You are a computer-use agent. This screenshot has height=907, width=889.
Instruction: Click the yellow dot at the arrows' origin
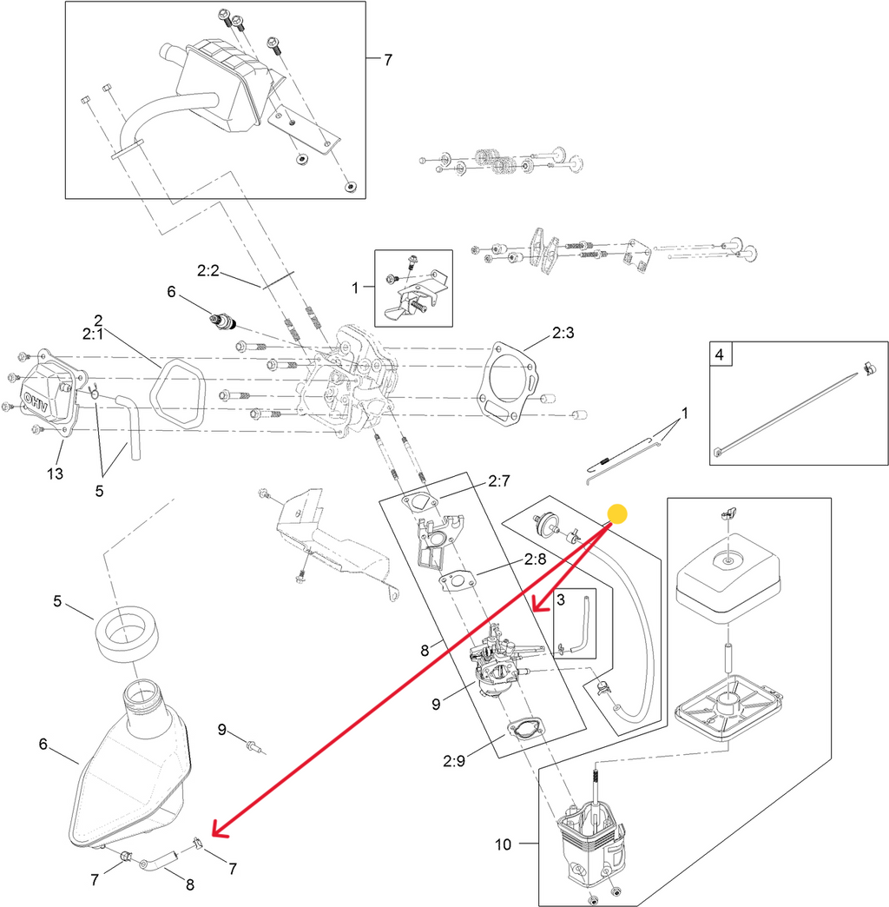click(x=616, y=514)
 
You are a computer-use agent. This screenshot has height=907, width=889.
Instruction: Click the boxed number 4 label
click(x=719, y=354)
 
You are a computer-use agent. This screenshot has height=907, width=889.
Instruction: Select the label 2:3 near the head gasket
click(x=563, y=334)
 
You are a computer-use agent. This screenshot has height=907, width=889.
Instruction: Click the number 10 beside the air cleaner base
click(x=504, y=843)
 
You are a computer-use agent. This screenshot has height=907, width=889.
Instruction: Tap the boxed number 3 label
click(x=561, y=599)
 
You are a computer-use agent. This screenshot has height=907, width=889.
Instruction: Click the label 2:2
click(x=207, y=271)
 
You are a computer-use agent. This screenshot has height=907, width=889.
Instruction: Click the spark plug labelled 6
click(x=224, y=321)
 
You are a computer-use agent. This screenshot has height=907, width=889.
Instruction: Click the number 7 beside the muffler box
click(x=388, y=60)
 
